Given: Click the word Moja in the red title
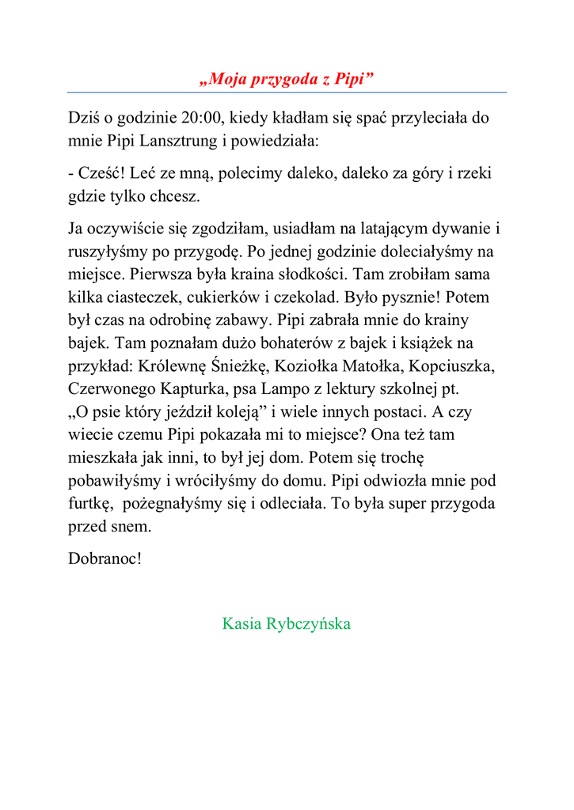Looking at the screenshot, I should [x=226, y=79].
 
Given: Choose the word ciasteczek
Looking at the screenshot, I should [x=140, y=298].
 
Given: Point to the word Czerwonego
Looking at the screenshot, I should [x=112, y=390].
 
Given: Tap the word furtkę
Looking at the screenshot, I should [x=90, y=504].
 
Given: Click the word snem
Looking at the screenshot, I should [x=131, y=527].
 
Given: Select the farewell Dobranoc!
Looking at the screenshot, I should [x=105, y=558].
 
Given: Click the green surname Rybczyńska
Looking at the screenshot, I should [x=307, y=624].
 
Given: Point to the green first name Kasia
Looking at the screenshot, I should [x=241, y=624].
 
